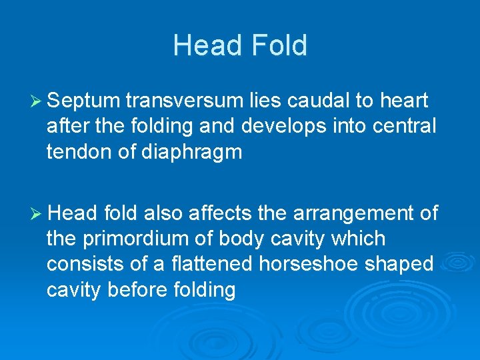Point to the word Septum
[x=83, y=101]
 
